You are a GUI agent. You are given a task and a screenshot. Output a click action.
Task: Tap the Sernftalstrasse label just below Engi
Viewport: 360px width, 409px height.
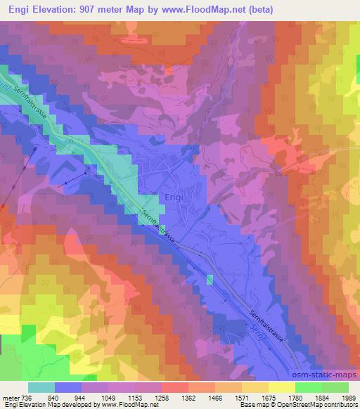tap(157, 224)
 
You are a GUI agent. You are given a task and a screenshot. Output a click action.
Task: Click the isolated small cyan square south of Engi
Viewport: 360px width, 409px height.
tap(209, 280)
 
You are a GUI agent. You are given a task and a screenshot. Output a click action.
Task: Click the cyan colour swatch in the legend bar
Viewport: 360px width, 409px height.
tap(41, 387)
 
